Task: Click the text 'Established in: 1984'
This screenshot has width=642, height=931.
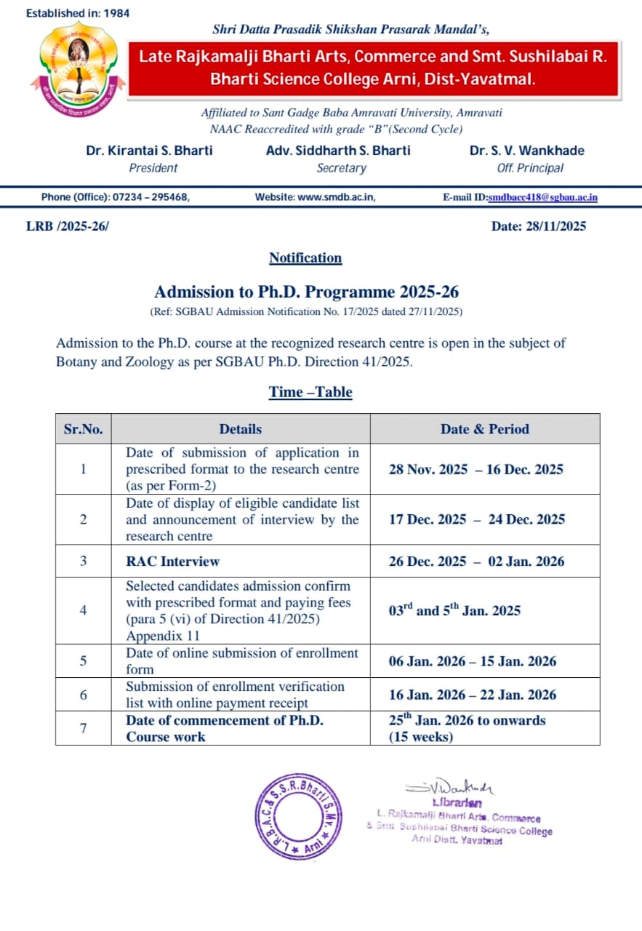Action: click(78, 13)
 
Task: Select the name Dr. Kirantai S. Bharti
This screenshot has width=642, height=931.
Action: click(149, 151)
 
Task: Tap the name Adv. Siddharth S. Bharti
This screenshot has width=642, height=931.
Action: click(338, 151)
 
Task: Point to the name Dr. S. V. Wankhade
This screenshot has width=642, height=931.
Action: click(526, 151)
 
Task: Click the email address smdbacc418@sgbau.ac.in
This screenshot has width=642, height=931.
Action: click(542, 197)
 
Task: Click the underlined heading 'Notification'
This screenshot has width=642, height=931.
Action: click(305, 258)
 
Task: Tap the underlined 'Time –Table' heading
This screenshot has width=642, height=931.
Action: click(310, 392)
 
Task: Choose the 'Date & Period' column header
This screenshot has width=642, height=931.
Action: click(485, 429)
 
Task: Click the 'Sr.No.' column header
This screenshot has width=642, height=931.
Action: click(84, 429)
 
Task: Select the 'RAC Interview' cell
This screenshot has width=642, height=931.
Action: click(172, 562)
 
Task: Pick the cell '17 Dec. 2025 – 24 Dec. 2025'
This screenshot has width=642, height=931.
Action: click(477, 519)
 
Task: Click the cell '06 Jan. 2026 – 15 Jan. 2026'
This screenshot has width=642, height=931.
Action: click(473, 661)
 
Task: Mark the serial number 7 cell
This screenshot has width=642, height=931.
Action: click(84, 728)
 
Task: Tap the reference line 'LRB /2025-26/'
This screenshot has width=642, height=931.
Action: click(67, 226)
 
